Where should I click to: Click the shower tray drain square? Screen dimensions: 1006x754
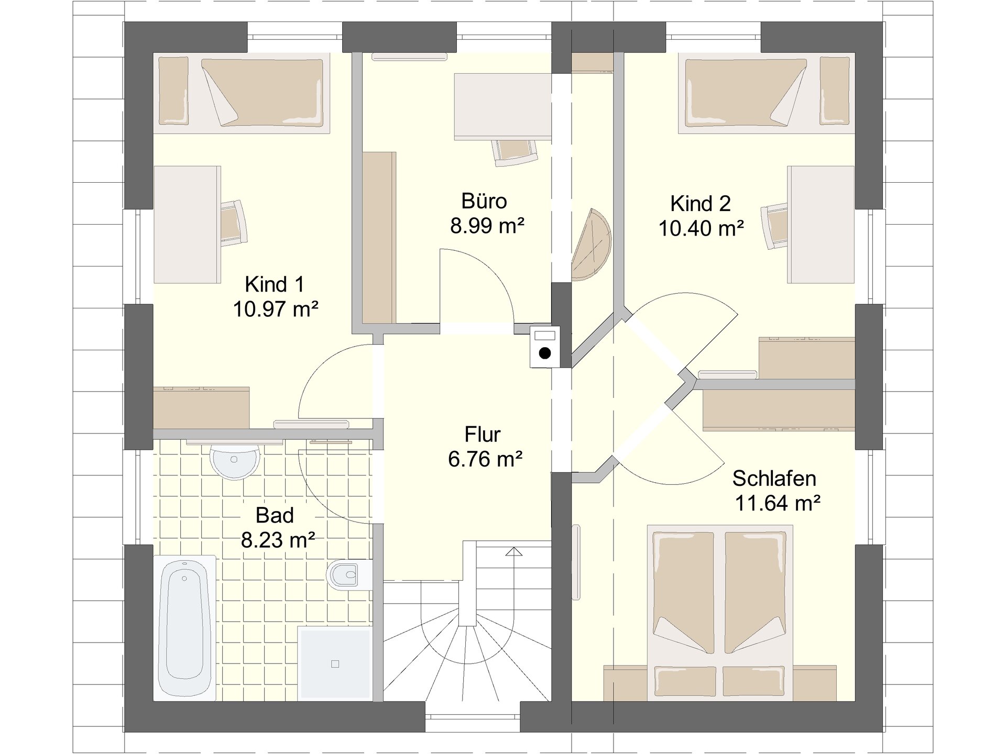[x=335, y=664]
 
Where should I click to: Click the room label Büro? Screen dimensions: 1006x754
[x=484, y=201]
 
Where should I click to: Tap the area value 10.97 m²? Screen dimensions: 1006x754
[x=276, y=309]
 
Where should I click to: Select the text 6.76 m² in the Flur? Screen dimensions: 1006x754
[x=485, y=459]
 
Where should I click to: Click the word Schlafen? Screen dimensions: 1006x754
[x=774, y=478]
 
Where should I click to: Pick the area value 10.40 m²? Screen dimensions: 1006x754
[x=701, y=228]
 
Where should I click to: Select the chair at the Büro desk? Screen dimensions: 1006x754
[x=516, y=152]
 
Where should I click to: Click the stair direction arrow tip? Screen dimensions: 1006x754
[x=515, y=548]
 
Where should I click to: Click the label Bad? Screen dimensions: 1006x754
[x=275, y=515]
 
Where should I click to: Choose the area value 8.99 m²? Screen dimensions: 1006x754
[x=487, y=226]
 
